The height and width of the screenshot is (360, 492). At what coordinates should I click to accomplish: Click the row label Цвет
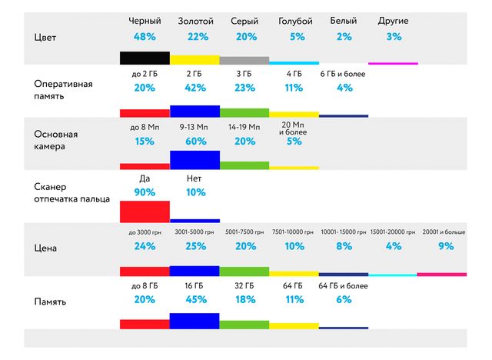coord(45,37)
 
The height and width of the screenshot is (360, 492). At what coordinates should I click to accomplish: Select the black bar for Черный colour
coord(145,58)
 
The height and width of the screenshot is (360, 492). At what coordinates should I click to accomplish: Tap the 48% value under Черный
coord(145,36)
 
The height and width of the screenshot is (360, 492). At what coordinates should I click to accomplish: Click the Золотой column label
coord(195,20)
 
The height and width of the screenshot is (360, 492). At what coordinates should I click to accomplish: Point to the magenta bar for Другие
coord(394,63)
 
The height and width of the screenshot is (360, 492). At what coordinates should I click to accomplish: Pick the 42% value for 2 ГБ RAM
coord(194,88)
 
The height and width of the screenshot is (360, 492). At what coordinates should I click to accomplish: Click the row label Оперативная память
coord(64,89)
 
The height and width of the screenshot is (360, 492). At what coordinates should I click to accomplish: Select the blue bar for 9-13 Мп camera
coord(194,160)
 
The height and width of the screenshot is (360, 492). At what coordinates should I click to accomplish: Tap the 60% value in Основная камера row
coord(194,141)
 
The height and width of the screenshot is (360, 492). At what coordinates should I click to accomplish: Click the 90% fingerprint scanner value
coord(145,192)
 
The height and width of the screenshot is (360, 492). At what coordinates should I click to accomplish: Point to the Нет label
coord(194,178)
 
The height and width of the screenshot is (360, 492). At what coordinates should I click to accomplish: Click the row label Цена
coord(45,248)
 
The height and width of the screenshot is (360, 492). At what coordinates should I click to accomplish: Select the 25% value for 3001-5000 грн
coord(194,247)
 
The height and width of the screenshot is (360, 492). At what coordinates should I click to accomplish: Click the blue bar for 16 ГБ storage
coord(194,321)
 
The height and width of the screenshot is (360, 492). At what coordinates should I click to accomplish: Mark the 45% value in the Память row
coord(194,300)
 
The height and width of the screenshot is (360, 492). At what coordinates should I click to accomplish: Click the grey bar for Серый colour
coord(244,60)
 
